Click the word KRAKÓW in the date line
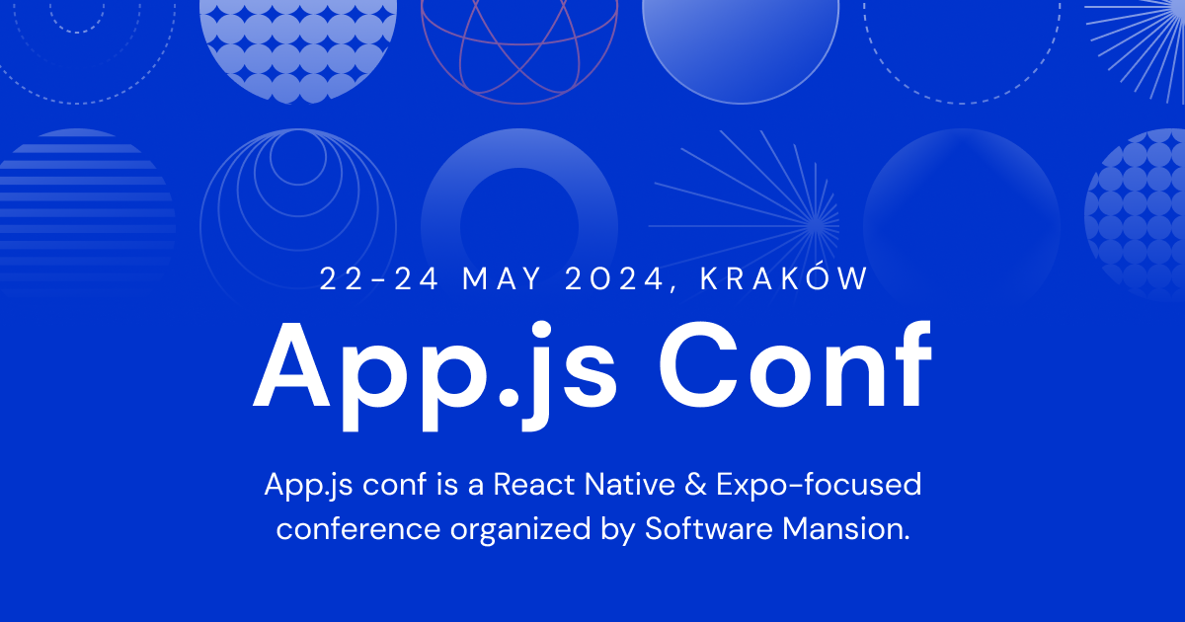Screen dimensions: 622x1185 tap(784, 279)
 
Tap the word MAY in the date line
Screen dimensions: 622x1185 tap(505, 279)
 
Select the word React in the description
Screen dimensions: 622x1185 tap(535, 485)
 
